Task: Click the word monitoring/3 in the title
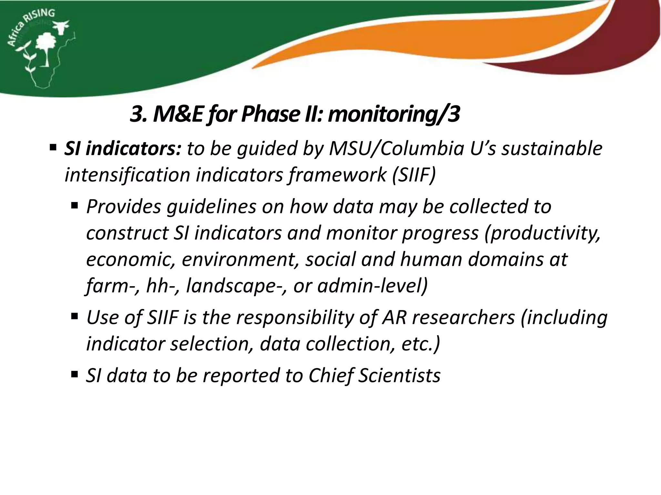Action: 394,114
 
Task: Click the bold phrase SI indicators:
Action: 123,149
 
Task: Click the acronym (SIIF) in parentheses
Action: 414,175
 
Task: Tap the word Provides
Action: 124,207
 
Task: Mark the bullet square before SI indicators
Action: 53,148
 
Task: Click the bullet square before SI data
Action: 75,374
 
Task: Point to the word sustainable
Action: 552,149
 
